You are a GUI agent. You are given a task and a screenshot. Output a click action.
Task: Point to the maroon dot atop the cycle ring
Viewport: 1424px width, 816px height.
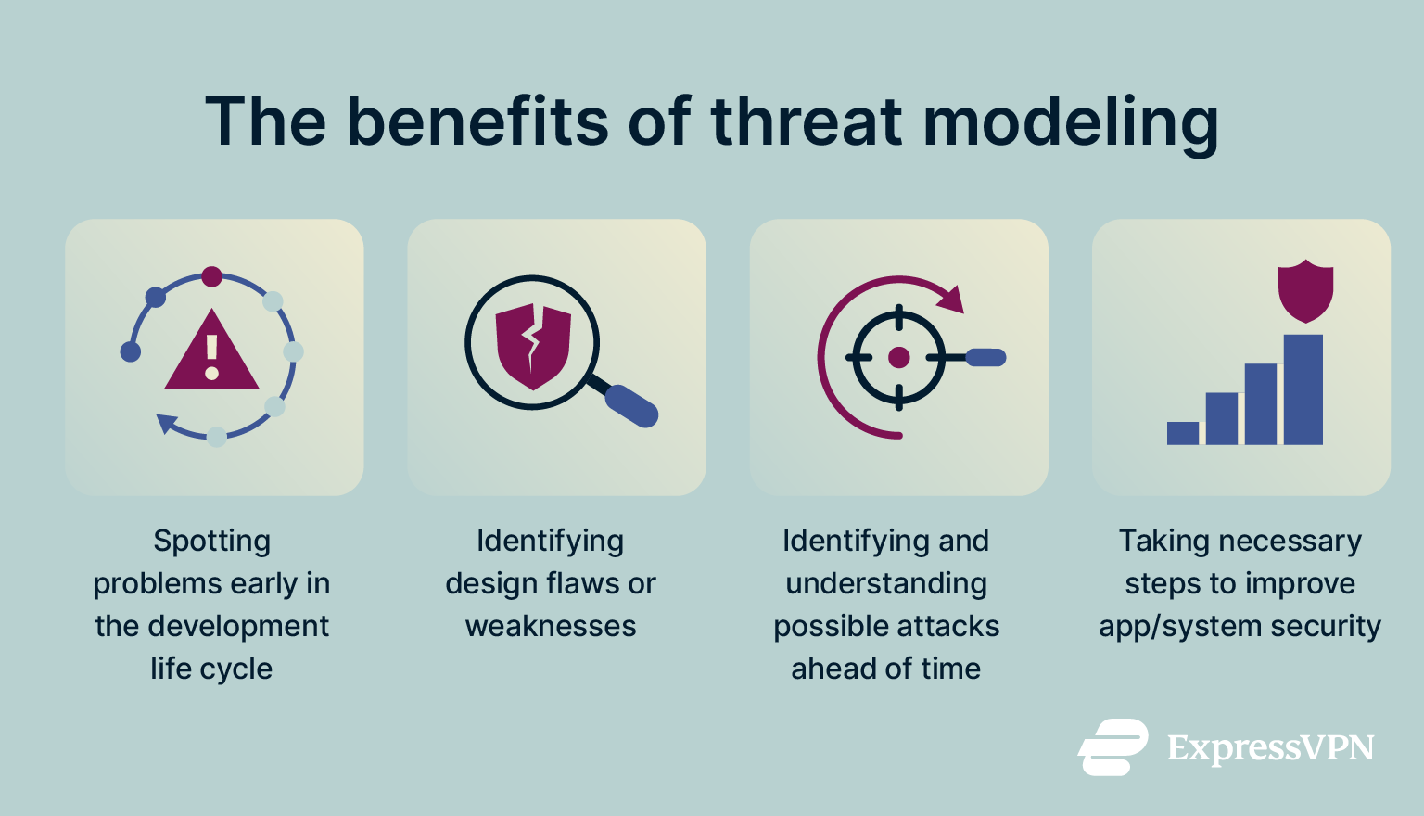pos(212,276)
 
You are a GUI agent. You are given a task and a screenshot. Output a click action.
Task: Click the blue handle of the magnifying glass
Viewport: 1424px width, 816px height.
pos(631,406)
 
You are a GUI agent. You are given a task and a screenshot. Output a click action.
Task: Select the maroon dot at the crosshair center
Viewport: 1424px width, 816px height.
pos(898,357)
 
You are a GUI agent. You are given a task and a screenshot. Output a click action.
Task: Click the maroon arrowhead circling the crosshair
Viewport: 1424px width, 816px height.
pos(951,300)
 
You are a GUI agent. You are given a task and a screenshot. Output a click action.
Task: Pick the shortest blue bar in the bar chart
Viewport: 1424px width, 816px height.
pos(1183,433)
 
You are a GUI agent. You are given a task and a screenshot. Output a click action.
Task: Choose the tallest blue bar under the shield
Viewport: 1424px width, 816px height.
pos(1303,389)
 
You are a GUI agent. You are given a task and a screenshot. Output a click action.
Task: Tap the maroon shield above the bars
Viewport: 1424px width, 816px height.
pos(1305,289)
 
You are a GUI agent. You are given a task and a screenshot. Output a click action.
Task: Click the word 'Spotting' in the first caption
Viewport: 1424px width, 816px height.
pos(212,541)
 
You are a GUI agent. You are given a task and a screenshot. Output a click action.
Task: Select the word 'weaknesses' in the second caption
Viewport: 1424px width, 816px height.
pos(551,626)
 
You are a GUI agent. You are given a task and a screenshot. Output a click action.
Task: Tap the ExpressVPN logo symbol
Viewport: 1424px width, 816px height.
pos(1112,746)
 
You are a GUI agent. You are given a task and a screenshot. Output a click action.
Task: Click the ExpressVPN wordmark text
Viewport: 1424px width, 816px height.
pos(1270,747)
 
